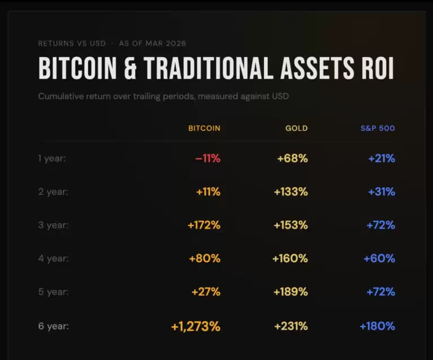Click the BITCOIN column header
(204, 128)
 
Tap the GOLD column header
(297, 128)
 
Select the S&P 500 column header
(378, 128)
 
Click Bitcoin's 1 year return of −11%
(207, 159)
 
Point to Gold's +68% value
(293, 159)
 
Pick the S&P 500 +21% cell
(382, 159)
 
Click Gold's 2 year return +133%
(291, 192)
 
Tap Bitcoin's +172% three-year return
(204, 225)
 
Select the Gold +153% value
(291, 225)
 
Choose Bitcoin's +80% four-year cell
(205, 258)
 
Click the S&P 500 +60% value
(379, 258)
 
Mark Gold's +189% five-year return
(291, 292)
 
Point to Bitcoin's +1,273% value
(196, 326)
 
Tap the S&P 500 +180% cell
(378, 326)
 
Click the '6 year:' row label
(54, 326)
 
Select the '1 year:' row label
(52, 159)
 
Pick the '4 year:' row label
(54, 258)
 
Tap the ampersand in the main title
(130, 68)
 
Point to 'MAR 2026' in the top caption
(166, 43)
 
